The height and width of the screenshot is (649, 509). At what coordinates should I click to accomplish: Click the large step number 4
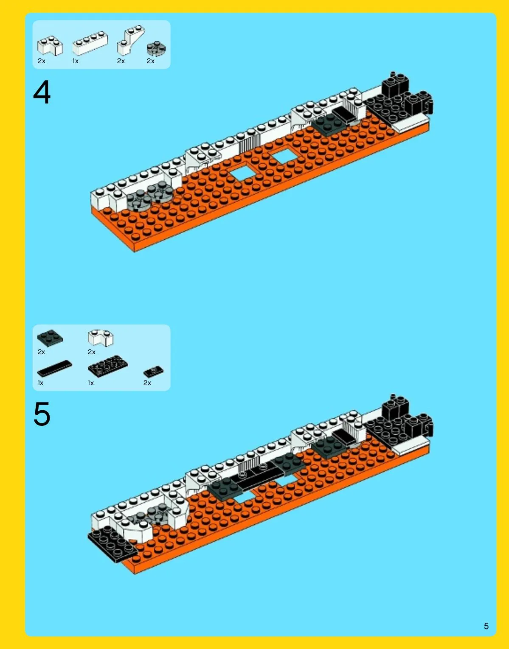pyautogui.click(x=42, y=92)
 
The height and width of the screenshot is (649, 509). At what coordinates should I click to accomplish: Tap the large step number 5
pyautogui.click(x=42, y=414)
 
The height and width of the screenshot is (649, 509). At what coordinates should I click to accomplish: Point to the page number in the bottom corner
pyautogui.click(x=486, y=626)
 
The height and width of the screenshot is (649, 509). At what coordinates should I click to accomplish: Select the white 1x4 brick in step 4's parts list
pyautogui.click(x=90, y=44)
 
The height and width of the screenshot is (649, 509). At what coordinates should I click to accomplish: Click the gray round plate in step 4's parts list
pyautogui.click(x=156, y=48)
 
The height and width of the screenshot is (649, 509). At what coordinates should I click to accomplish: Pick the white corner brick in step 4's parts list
pyautogui.click(x=50, y=45)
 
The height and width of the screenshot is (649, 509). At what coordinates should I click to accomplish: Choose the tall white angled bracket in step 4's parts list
pyautogui.click(x=131, y=40)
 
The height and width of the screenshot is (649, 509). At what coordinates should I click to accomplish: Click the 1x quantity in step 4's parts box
pyautogui.click(x=75, y=61)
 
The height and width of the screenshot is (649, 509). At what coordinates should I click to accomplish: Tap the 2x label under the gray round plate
pyautogui.click(x=151, y=61)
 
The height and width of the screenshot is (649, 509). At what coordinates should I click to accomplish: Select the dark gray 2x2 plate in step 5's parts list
pyautogui.click(x=50, y=338)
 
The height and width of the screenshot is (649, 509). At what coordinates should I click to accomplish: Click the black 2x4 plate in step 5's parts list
pyautogui.click(x=107, y=366)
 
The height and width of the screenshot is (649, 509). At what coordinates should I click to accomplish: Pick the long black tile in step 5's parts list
pyautogui.click(x=55, y=368)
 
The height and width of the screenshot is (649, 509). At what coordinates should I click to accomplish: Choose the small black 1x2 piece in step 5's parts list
pyautogui.click(x=153, y=371)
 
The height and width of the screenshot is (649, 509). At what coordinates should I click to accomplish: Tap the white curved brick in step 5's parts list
pyautogui.click(x=101, y=338)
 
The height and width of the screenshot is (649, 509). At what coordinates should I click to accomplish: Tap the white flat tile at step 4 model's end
pyautogui.click(x=410, y=123)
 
